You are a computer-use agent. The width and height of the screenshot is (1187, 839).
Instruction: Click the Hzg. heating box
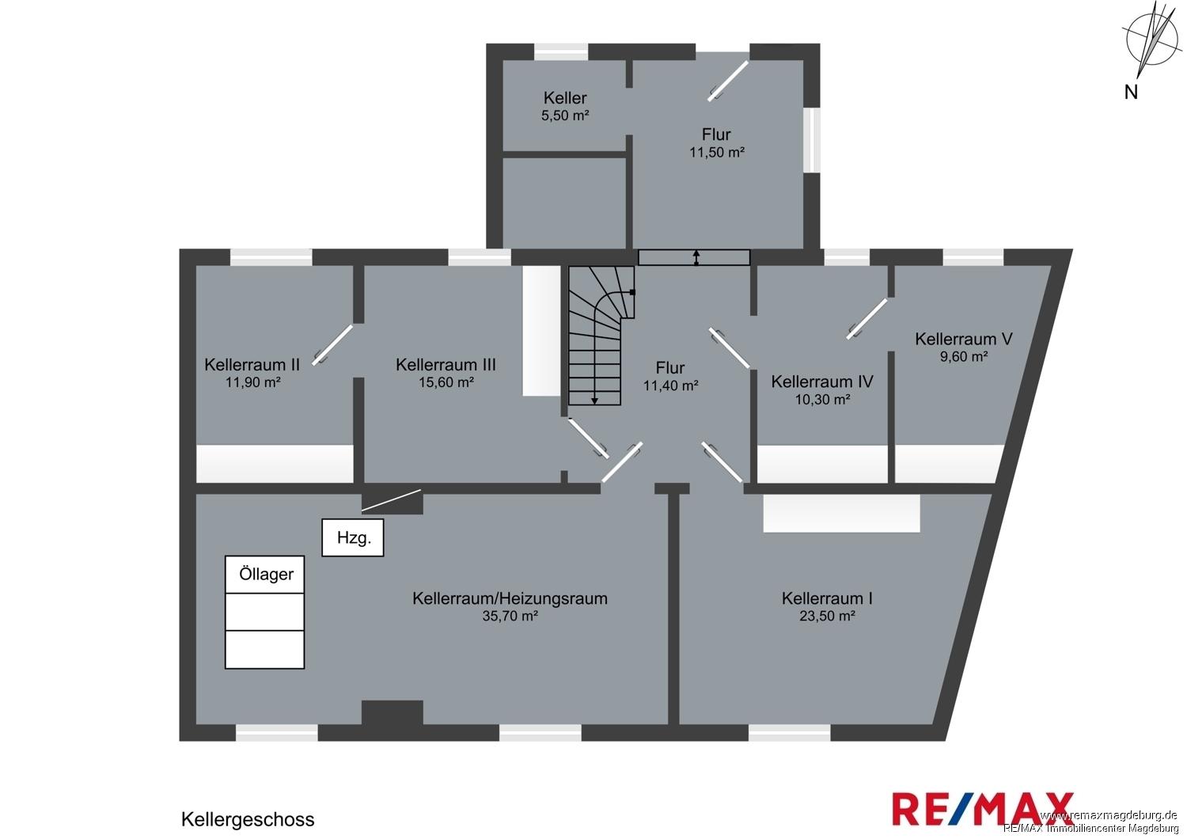(x=352, y=537)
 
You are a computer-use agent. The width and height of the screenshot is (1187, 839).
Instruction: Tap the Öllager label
(x=266, y=574)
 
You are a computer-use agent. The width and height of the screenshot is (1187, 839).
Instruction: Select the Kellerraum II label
(x=252, y=365)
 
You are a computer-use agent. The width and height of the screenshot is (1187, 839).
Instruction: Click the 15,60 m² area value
(x=446, y=382)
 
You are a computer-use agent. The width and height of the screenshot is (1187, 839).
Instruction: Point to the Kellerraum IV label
(x=822, y=382)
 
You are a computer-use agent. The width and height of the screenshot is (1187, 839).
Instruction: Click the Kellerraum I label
(x=827, y=598)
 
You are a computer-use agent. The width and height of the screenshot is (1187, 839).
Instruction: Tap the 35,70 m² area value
(x=510, y=616)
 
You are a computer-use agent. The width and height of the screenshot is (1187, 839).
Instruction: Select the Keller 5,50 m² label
(x=565, y=106)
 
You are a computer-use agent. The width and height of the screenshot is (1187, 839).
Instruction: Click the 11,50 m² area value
(x=716, y=153)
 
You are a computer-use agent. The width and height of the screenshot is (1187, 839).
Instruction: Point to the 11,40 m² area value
(x=670, y=385)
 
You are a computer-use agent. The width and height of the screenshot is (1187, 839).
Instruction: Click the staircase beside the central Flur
(x=601, y=336)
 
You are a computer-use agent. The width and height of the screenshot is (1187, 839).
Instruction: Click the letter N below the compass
(x=1131, y=93)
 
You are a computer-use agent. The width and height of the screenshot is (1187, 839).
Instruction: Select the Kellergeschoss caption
(x=248, y=819)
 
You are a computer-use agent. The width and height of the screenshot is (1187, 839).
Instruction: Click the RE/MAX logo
(x=983, y=809)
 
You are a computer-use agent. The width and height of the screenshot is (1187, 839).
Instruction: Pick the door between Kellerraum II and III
(x=332, y=345)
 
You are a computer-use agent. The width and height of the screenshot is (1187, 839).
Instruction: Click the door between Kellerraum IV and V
(x=867, y=318)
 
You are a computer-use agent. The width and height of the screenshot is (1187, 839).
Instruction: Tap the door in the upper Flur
(x=728, y=81)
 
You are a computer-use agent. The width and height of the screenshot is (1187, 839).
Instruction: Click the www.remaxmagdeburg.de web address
(x=1109, y=815)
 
